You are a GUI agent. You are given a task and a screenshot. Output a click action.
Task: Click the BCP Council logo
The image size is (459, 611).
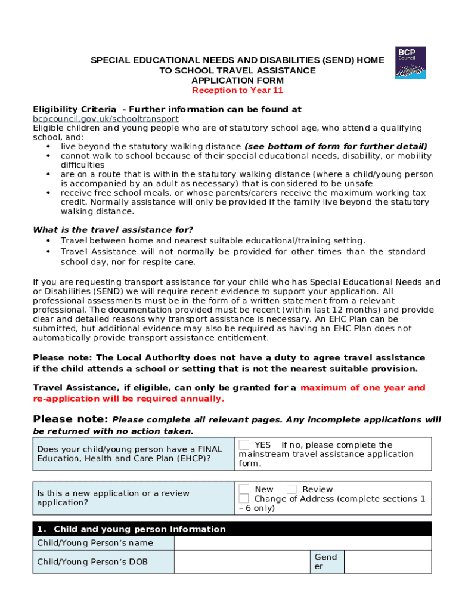coord(411,62)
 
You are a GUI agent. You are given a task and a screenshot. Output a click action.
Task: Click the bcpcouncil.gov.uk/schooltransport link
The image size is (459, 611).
coord(106,119)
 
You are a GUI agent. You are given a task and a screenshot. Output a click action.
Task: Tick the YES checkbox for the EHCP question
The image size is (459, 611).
coord(244,445)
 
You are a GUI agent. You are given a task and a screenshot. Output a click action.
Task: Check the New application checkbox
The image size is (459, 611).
coord(244,489)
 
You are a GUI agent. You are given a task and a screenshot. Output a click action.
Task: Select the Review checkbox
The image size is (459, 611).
coord(291,489)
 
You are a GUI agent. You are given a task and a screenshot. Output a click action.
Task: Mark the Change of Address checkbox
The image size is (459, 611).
coord(244,499)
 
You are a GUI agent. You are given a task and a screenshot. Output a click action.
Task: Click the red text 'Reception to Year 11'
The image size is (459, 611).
coord(237,91)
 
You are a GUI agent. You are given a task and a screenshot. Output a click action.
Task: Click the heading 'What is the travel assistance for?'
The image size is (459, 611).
coord(113,230)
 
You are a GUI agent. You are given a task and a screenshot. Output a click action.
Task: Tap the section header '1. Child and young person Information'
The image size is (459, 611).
coord(131,529)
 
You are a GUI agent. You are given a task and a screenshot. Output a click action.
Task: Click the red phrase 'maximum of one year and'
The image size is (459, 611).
coord(363,388)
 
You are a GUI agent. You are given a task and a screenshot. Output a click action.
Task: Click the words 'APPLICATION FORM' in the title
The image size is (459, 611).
coord(237,81)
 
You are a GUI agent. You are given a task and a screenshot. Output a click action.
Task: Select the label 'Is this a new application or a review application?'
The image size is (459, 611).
coord(113,498)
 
